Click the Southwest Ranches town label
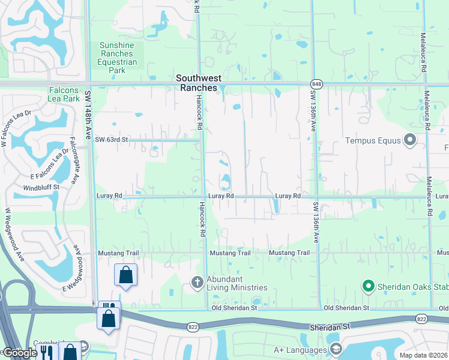198,83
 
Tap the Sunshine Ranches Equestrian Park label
118,58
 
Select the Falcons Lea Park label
64,94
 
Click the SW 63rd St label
112,140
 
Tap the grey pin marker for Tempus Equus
411,140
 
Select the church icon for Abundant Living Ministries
197,281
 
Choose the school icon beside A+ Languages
336,349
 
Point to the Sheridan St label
330,328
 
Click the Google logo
19,353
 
